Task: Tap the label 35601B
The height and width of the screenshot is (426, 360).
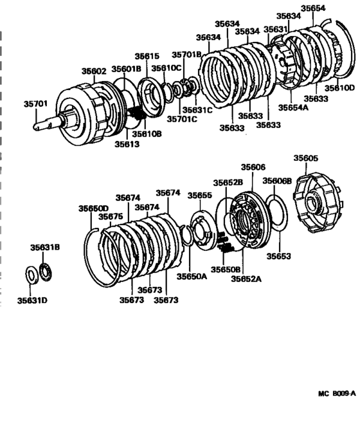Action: coord(125,69)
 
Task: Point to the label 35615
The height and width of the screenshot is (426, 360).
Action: coord(147,57)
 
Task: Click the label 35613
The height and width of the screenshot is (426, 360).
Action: coord(127,145)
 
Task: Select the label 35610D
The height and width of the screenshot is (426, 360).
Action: coord(340,88)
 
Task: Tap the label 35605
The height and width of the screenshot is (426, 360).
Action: coord(306,158)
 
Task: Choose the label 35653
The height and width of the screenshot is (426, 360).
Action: coord(279,256)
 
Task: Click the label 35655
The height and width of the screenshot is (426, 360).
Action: coord(199,195)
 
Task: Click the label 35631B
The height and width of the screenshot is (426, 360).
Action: coord(45,246)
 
